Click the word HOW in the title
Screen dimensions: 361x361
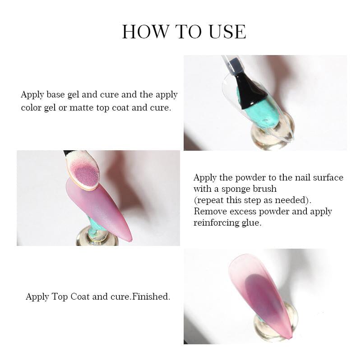[145, 31]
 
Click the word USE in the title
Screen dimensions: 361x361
[227, 31]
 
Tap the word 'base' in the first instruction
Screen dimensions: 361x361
[56, 94]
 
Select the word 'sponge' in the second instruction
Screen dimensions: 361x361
[236, 189]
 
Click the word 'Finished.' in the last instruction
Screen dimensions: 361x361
[151, 296]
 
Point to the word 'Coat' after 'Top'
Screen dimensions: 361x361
[80, 296]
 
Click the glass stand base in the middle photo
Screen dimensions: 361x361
[97, 237]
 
